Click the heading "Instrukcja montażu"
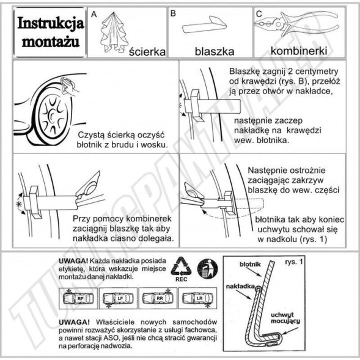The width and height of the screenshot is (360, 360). (x=50, y=32)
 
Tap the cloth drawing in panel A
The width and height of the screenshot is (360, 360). (x=114, y=32)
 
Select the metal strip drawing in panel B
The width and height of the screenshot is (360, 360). (x=204, y=25)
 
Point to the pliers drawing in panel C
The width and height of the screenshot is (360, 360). (x=296, y=25)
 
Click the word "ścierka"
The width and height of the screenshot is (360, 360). (x=147, y=51)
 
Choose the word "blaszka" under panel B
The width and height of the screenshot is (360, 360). (x=215, y=51)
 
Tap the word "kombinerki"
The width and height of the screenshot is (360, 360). (x=299, y=51)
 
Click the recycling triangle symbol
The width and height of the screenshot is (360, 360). (x=181, y=266)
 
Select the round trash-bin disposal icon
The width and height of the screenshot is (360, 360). (x=208, y=269)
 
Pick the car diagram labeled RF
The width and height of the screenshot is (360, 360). (x=78, y=298)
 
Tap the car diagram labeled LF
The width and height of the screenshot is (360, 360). (x=118, y=298)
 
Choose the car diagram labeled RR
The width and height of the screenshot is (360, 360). (x=158, y=298)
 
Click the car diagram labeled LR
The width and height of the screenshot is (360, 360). (x=197, y=298)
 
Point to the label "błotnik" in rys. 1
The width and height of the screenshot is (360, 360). (x=250, y=264)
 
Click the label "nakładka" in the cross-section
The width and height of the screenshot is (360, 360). (x=240, y=286)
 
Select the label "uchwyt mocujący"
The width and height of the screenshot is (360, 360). (x=285, y=318)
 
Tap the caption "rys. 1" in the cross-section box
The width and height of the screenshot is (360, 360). (x=294, y=262)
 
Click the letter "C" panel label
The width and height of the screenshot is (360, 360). (x=259, y=14)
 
